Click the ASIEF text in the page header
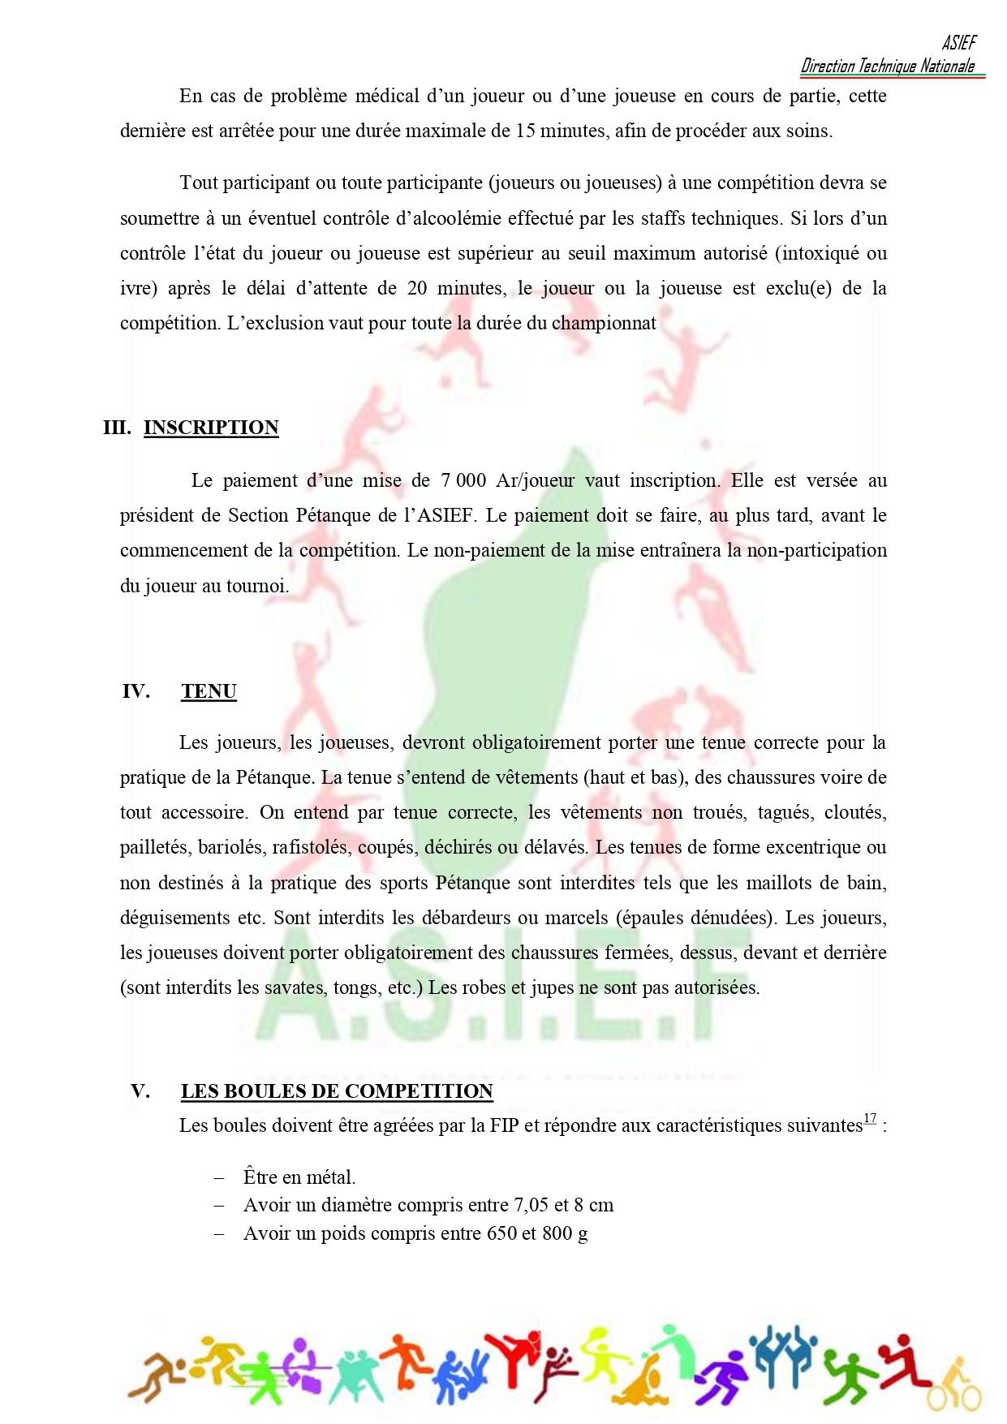[959, 43]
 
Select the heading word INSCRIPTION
[211, 428]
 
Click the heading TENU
[209, 691]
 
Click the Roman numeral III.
[117, 428]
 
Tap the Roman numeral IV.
[136, 691]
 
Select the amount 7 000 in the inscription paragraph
[463, 480]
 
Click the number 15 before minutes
[527, 131]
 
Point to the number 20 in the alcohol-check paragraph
[417, 288]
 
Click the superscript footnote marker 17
[869, 1118]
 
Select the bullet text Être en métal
[299, 1177]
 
